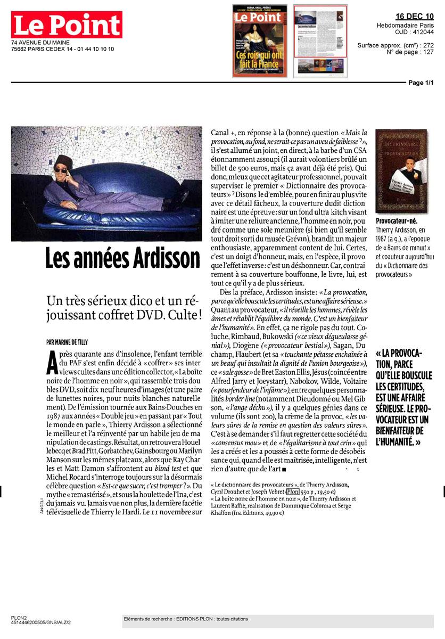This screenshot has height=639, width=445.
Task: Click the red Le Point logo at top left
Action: tap(67, 26)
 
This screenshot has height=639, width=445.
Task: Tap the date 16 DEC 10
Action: tap(415, 17)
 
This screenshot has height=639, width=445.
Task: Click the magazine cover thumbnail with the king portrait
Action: tap(260, 41)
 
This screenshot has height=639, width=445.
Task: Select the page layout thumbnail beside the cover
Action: tap(320, 41)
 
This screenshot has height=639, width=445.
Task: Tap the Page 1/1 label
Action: tap(421, 83)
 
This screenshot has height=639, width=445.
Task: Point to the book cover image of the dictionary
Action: tap(401, 171)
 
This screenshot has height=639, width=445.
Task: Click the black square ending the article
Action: tap(285, 469)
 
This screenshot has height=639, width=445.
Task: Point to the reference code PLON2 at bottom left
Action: tap(19, 617)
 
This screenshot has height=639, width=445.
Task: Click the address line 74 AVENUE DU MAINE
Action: tap(40, 43)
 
